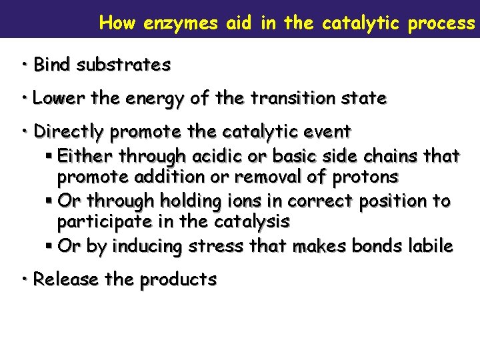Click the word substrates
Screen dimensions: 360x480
tap(123, 65)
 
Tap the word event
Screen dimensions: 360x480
tap(327, 131)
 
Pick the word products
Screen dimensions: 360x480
tap(178, 280)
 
